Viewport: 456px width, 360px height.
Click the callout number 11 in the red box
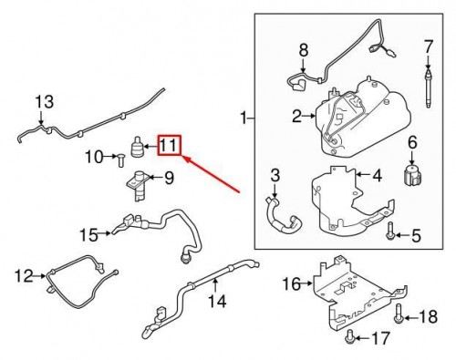170,145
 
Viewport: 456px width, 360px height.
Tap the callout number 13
44,101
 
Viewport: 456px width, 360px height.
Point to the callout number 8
304,49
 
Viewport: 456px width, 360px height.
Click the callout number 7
427,45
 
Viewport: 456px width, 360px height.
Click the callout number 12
24,273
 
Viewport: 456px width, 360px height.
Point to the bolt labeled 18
400,316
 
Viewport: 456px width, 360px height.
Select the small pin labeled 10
119,162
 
